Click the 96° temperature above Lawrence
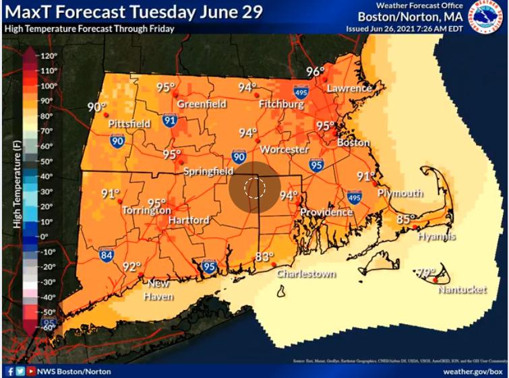click(316, 72)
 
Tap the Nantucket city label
click(462, 290)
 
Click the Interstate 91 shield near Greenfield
click(169, 121)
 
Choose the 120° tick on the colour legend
click(47, 56)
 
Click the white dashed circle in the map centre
click(253, 187)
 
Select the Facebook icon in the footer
click(10, 371)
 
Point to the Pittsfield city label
click(129, 124)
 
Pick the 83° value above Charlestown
click(264, 257)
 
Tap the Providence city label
click(326, 212)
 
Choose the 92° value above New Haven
click(132, 266)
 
